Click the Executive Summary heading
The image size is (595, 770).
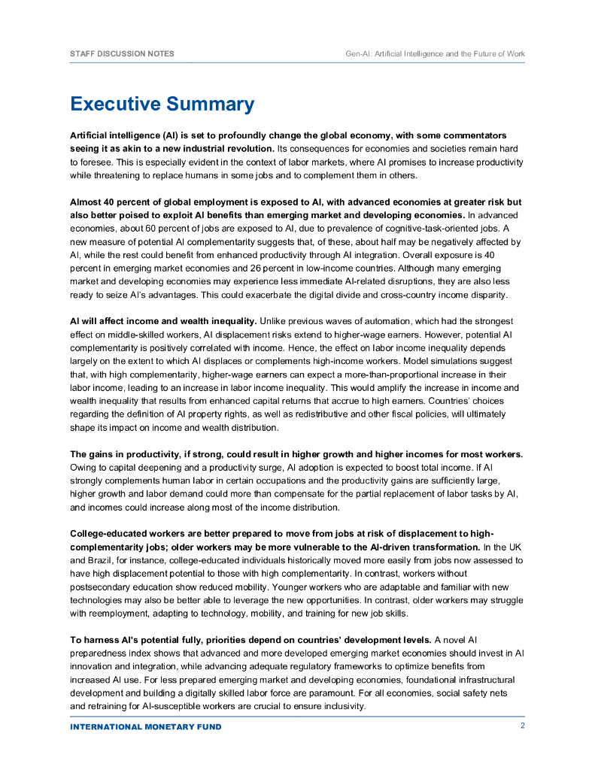pos(162,104)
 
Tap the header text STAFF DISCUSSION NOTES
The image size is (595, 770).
pos(121,54)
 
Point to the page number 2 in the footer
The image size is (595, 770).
pos(522,726)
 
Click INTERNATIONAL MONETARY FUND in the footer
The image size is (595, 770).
pos(146,727)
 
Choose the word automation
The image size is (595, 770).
pos(379,321)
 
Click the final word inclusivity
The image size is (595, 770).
pos(343,706)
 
